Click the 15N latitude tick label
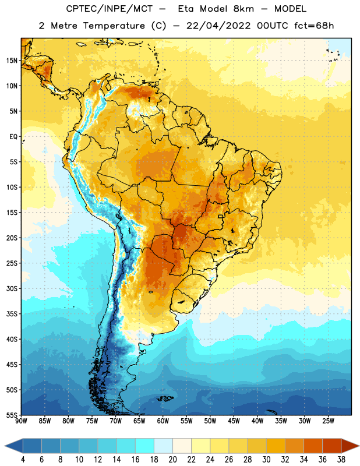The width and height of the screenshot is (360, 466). pos(12,61)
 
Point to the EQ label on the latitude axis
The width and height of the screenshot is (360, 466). pos(13,137)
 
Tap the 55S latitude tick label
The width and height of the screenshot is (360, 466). pos(12,415)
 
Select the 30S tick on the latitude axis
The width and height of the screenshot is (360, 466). pos(12,288)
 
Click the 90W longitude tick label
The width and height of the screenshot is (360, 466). pos(22,421)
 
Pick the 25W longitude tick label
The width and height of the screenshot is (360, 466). pos(328,421)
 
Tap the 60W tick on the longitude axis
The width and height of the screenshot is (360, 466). pos(163,421)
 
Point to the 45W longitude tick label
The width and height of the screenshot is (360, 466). pos(234,421)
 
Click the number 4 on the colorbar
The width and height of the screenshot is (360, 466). pos(23,460)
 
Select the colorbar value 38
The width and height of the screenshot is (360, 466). pos(341,460)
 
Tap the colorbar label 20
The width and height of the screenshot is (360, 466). pos(172,460)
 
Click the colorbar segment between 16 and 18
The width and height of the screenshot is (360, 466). pos(145,446)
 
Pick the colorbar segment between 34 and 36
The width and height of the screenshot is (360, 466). pos(313,446)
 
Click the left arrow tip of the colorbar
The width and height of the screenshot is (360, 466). pos(5,446)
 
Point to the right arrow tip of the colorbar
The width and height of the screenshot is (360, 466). pos(359,446)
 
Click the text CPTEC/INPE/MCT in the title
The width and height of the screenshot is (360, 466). pos(110,9)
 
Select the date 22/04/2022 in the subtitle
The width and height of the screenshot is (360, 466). pos(218,26)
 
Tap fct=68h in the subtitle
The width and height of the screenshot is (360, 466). pos(314,26)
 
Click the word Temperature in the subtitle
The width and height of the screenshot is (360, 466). pos(114,26)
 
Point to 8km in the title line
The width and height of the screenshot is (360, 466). pos(243,9)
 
